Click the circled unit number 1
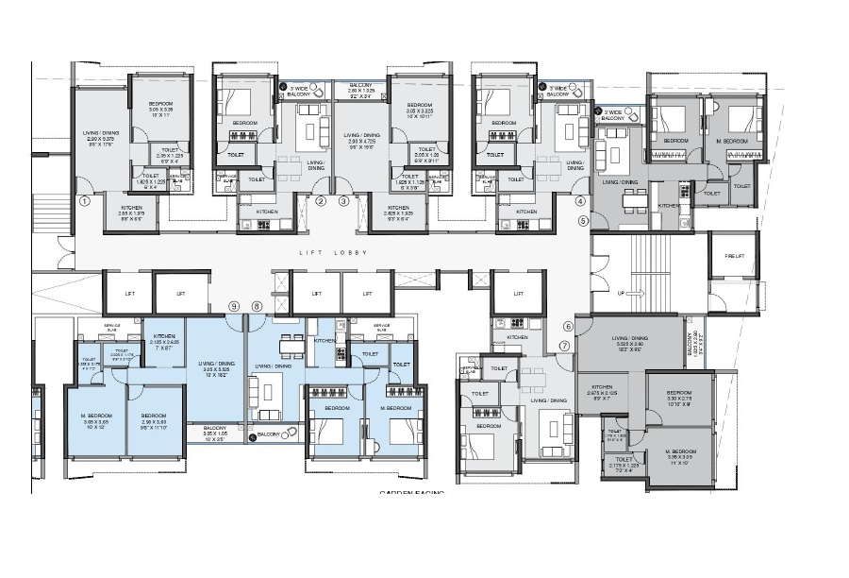tap(85, 201)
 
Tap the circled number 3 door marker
tap(344, 201)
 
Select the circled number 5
tap(583, 220)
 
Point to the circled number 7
tap(564, 345)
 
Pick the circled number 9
tap(234, 306)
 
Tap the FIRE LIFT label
tap(737, 255)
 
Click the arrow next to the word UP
tap(635, 294)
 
